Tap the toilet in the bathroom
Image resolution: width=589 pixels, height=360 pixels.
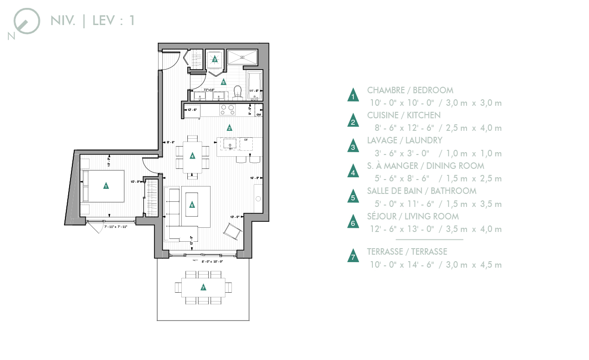pyautogui.click(x=238, y=92)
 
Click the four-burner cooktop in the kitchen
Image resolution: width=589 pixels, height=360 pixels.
pyautogui.click(x=227, y=109)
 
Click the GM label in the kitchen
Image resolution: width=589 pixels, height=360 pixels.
pyautogui.click(x=259, y=114)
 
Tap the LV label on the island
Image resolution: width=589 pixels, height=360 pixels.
pyautogui.click(x=246, y=140)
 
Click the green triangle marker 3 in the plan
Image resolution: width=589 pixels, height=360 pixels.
pyautogui.click(x=214, y=59)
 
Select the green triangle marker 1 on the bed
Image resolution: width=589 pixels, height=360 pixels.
pyautogui.click(x=106, y=186)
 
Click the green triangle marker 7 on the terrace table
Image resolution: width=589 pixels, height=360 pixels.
pyautogui.click(x=203, y=288)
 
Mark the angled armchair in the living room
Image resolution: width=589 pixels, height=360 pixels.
pyautogui.click(x=233, y=231)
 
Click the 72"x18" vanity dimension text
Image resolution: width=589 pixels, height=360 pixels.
pyautogui.click(x=209, y=90)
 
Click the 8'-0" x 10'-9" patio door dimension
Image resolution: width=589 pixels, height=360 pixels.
pyautogui.click(x=212, y=262)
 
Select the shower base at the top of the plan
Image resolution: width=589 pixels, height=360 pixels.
pyautogui.click(x=242, y=58)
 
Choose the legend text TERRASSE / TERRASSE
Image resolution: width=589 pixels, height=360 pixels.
pyautogui.click(x=407, y=252)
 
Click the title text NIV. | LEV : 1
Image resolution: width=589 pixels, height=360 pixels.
pyautogui.click(x=92, y=21)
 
